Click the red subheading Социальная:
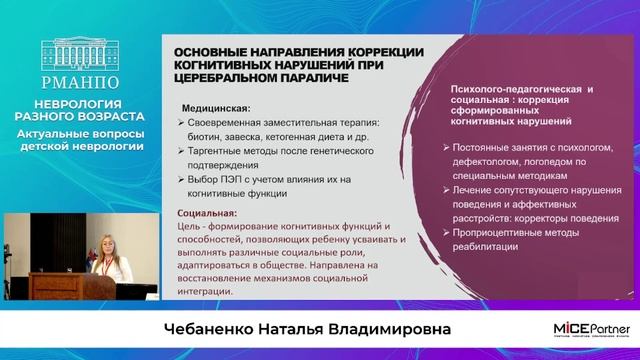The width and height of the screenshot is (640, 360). [x=208, y=213]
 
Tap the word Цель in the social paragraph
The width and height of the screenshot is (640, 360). [x=192, y=227]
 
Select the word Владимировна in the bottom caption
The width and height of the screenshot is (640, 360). [x=383, y=330]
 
